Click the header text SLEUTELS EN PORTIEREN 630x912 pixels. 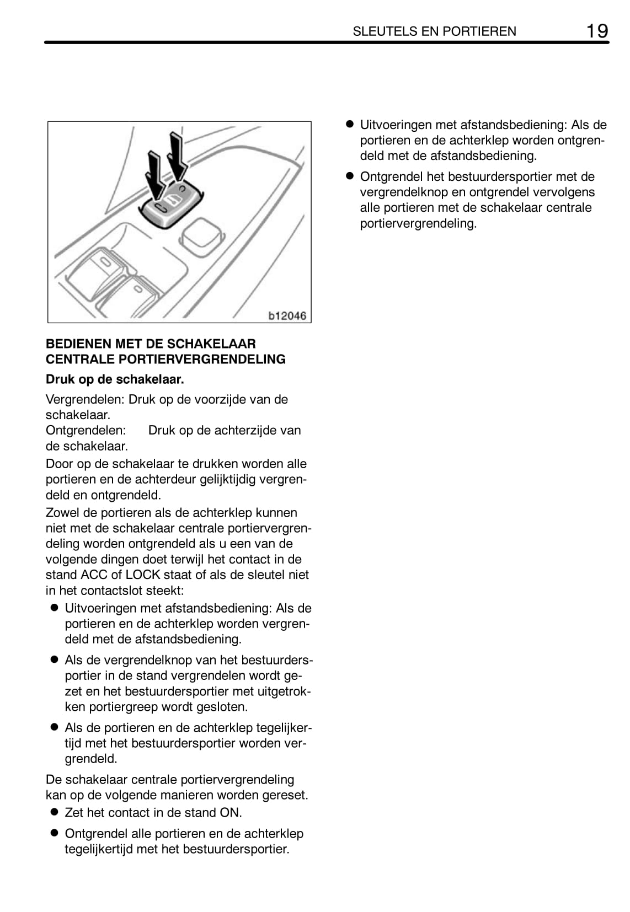pyautogui.click(x=434, y=31)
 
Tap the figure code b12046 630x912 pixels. pyautogui.click(x=287, y=316)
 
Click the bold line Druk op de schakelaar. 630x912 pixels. pyautogui.click(x=115, y=379)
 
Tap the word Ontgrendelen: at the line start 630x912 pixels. pyautogui.click(x=86, y=430)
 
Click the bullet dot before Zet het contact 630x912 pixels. pyautogui.click(x=54, y=812)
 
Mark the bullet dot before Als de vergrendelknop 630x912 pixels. pyautogui.click(x=54, y=659)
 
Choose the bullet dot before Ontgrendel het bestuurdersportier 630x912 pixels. pyautogui.click(x=349, y=176)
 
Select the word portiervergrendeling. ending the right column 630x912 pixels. pyautogui.click(x=418, y=223)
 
